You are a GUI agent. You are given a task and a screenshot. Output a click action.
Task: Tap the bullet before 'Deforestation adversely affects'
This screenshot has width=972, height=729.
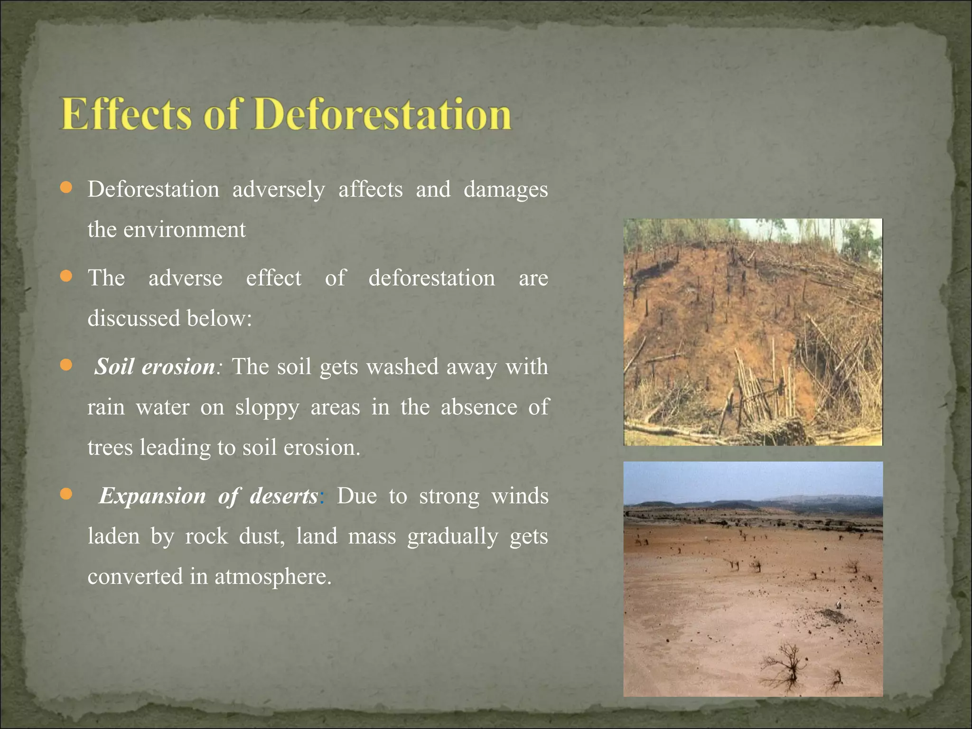click(66, 188)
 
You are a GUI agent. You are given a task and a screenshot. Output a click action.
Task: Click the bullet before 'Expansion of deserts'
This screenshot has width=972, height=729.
click(66, 495)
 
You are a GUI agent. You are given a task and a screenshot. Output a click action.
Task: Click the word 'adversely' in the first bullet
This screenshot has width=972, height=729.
click(279, 190)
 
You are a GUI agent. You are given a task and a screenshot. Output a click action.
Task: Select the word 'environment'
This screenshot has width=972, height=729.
click(184, 230)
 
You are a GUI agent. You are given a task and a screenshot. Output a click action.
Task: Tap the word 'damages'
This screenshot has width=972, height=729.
click(505, 190)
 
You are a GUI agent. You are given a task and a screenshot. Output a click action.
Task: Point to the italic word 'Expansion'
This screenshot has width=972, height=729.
click(152, 496)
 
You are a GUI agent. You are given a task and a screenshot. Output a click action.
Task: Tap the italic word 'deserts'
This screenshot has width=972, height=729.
click(284, 496)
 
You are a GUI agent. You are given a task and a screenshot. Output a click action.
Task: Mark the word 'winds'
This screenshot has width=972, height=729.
click(520, 496)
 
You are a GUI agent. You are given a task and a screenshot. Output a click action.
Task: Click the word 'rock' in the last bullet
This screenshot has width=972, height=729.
click(206, 536)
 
